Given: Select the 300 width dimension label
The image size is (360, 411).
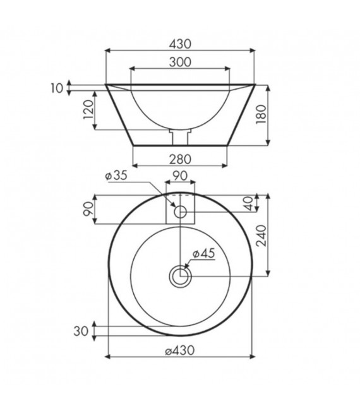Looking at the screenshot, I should [181, 62].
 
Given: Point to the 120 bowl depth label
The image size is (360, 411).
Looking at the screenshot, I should [88, 110].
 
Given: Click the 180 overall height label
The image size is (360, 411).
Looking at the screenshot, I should [275, 115].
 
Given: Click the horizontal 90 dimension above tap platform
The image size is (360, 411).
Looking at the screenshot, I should [181, 176].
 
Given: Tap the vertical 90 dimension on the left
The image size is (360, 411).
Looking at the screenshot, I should [88, 210].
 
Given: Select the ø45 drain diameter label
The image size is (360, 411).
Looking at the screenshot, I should [203, 253].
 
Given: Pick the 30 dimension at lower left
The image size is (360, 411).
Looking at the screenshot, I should [80, 330].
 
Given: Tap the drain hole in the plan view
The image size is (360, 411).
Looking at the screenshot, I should [181, 275].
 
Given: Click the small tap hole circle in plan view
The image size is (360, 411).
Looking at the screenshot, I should [181, 213].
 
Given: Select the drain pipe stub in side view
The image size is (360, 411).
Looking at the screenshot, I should [181, 136].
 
